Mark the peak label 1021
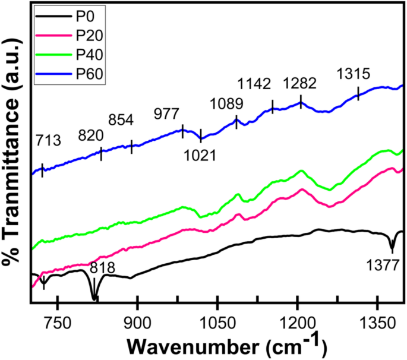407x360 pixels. coord(198,156)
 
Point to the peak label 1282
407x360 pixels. coord(299,82)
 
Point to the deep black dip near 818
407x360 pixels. coord(94,296)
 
